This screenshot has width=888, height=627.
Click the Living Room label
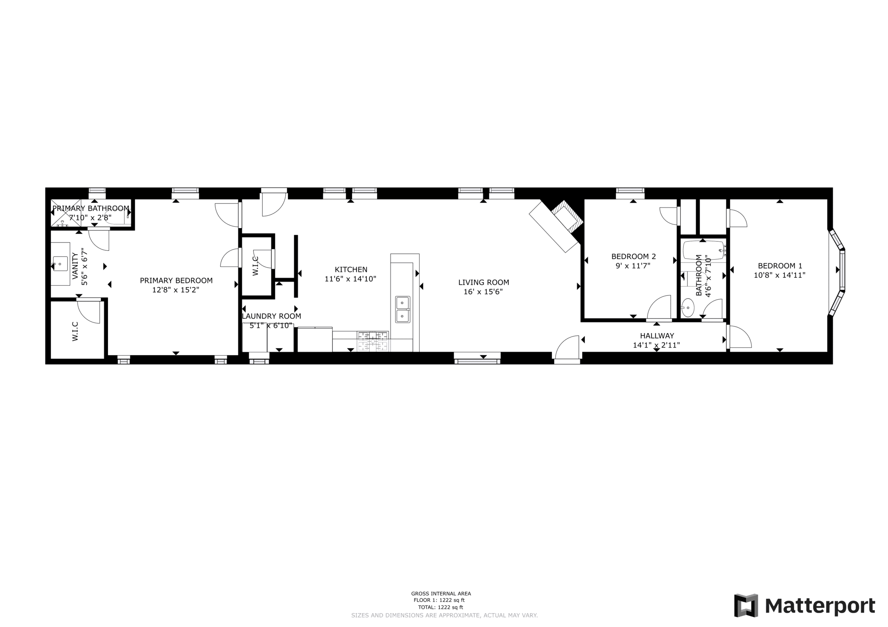[x=483, y=282]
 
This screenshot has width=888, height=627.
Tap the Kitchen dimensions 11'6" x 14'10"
[x=350, y=279]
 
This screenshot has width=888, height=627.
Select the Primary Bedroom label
[x=176, y=281]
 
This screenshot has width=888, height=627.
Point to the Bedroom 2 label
[x=633, y=257]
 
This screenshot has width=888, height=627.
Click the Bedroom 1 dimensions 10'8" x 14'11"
[x=779, y=275]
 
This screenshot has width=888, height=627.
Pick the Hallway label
[x=657, y=336]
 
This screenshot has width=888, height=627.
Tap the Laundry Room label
[x=272, y=316]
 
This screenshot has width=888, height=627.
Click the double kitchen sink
[x=403, y=309]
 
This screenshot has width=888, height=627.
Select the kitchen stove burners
[x=373, y=341]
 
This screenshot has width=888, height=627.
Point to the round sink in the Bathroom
[x=687, y=308]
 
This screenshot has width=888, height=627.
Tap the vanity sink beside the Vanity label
[x=60, y=264]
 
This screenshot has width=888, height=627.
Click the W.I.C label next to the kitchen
[x=255, y=266]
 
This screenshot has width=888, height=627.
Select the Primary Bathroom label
[x=91, y=208]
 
